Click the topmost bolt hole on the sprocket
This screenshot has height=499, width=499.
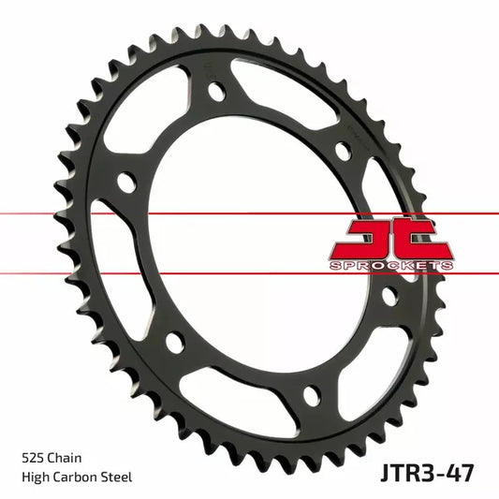point(217,93)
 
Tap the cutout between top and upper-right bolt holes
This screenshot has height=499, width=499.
point(281,94)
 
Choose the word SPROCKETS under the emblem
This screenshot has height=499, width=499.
point(391,266)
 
